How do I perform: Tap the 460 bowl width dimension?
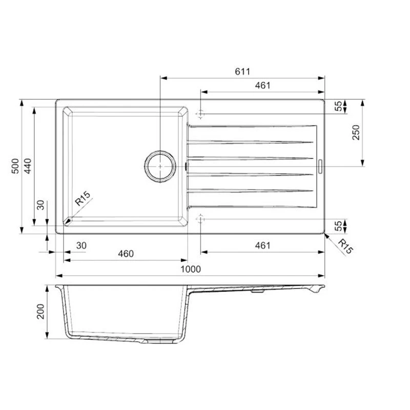[126, 254]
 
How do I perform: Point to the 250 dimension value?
[357, 133]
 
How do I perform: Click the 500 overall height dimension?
[15, 166]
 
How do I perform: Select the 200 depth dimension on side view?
[41, 312]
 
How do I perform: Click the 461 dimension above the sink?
[262, 86]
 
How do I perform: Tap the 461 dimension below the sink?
[262, 245]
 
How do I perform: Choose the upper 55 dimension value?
[338, 106]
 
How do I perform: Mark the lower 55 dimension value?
[338, 226]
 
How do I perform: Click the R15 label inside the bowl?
[83, 199]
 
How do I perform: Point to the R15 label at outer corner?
[345, 247]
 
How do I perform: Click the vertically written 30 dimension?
[41, 206]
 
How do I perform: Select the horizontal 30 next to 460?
[81, 245]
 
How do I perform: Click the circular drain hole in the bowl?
[160, 166]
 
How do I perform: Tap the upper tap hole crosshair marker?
[200, 113]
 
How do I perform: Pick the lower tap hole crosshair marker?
[200, 219]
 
